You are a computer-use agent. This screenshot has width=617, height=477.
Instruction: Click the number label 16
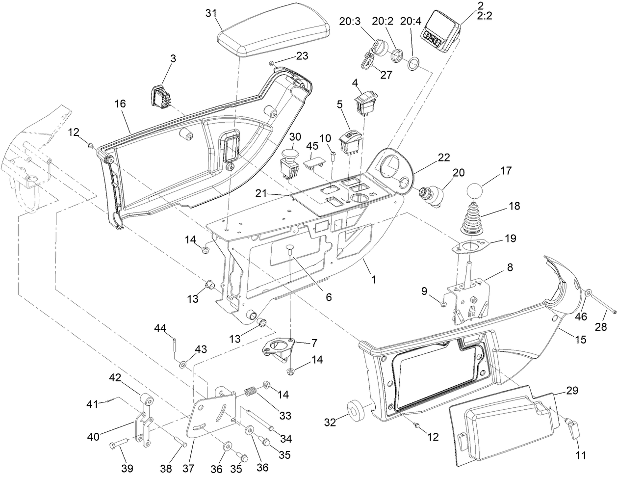(x=121, y=104)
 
